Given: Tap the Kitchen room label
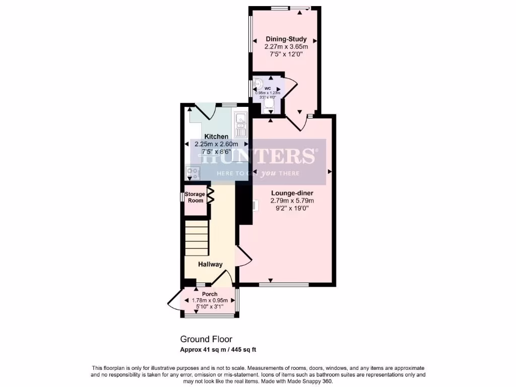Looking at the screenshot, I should (x=216, y=137).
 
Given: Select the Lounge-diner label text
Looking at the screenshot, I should (x=292, y=193).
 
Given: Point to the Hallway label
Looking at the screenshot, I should (x=210, y=264).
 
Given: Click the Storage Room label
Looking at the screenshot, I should (x=195, y=197).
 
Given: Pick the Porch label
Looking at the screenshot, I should (x=210, y=294).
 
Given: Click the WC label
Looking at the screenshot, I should (x=268, y=88).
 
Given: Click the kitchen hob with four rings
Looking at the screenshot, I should (x=192, y=173).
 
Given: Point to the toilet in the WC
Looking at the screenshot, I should (x=269, y=103).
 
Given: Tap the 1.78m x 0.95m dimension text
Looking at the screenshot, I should (x=210, y=300).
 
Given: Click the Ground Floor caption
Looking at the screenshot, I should (x=206, y=339).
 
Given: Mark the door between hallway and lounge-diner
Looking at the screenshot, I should (x=244, y=257).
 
